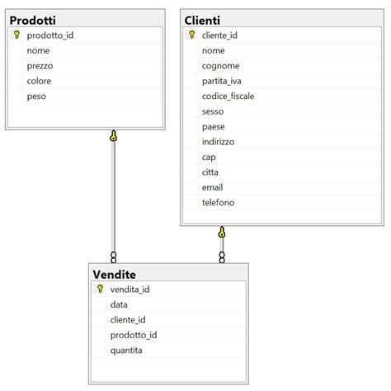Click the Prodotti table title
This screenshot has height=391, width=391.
[33, 21]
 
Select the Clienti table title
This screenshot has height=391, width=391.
[202, 21]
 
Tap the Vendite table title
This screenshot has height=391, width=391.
[115, 275]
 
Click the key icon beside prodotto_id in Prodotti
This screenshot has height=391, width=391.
[16, 35]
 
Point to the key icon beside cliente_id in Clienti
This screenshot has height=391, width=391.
[192, 35]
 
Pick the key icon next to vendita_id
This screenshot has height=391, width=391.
[100, 289]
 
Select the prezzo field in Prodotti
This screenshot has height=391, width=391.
[40, 66]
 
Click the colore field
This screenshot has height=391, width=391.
[39, 81]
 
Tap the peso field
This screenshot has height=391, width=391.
[36, 97]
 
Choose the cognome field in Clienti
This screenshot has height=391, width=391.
[221, 66]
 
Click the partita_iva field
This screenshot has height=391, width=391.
[222, 81]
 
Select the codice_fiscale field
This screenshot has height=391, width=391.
[228, 96]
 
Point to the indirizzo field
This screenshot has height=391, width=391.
[219, 142]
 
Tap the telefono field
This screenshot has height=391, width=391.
[219, 202]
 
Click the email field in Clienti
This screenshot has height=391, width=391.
[212, 187]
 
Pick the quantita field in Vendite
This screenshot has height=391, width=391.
[126, 351]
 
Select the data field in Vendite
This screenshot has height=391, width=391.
[119, 304]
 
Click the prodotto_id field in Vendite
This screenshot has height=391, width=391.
[134, 335]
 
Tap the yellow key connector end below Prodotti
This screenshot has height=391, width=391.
[113, 136]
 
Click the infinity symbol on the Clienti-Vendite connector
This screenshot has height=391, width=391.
[222, 257]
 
